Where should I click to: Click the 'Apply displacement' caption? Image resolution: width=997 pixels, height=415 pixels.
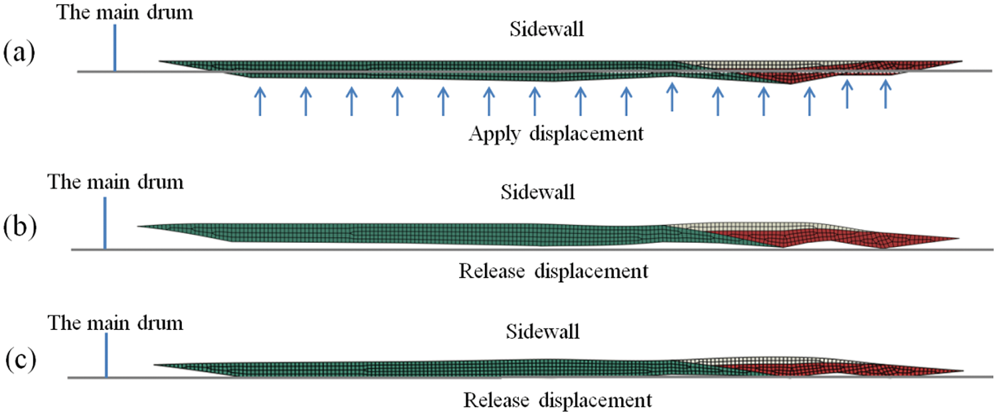pyautogui.click(x=556, y=133)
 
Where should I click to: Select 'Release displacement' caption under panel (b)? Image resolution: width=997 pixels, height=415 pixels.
pyautogui.click(x=553, y=271)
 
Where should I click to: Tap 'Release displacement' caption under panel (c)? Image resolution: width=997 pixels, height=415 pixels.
pyautogui.click(x=557, y=401)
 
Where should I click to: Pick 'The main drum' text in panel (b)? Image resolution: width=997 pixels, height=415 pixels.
pyautogui.click(x=115, y=181)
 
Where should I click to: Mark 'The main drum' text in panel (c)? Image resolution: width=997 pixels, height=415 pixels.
pyautogui.click(x=116, y=323)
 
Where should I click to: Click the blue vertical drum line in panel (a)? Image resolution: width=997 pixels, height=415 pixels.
pyautogui.click(x=115, y=48)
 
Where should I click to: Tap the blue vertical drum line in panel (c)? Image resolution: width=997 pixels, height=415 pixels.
pyautogui.click(x=106, y=355)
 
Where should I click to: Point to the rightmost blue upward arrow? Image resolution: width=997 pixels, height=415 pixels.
pyautogui.click(x=885, y=94)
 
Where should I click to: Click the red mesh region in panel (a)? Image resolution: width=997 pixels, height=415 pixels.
pyautogui.click(x=830, y=70)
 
